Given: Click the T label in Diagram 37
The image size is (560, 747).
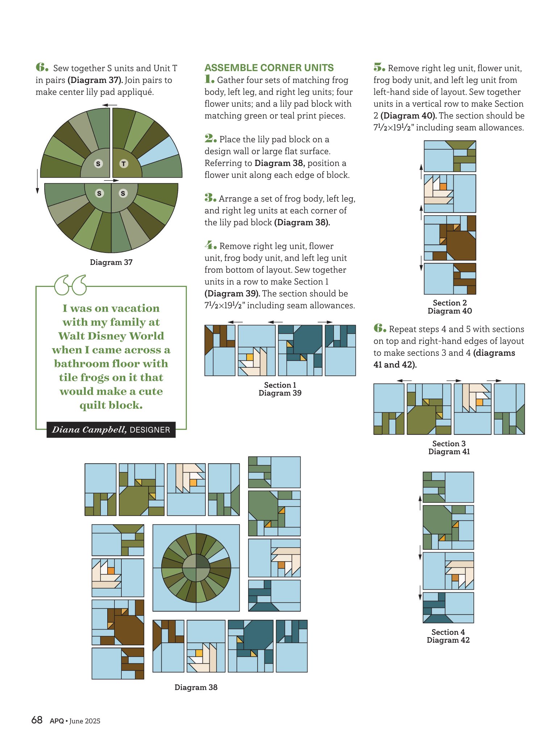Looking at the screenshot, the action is click(x=124, y=164).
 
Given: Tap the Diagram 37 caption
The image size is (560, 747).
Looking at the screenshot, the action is click(x=111, y=262).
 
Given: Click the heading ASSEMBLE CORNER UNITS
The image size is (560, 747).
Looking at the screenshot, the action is click(x=269, y=68).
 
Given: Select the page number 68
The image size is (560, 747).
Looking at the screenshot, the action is click(x=37, y=720).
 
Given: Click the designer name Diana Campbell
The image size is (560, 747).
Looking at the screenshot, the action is click(x=89, y=430).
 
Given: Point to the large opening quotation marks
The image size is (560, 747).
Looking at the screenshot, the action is click(x=71, y=285).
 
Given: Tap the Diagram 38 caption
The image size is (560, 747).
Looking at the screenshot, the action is click(x=196, y=687).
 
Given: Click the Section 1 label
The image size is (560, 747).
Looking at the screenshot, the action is click(x=280, y=385).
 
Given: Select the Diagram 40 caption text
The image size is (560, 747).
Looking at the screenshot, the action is click(x=450, y=311).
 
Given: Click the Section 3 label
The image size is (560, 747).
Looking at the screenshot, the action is click(x=449, y=443).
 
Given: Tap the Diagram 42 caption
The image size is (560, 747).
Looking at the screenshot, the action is click(x=448, y=640).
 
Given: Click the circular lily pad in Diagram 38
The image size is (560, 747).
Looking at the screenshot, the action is click(x=196, y=568).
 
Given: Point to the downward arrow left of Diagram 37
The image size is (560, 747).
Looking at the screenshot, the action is click(x=37, y=181).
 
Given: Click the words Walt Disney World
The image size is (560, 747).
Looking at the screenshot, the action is click(x=111, y=336).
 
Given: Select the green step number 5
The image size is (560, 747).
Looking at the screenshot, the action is click(x=379, y=67).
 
